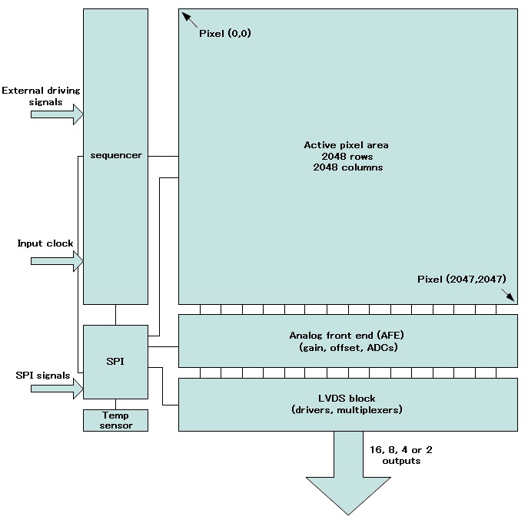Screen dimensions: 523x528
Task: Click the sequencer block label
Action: pyautogui.click(x=115, y=156)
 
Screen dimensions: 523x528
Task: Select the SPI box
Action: pyautogui.click(x=115, y=361)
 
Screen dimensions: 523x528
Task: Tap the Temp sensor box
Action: pyautogui.click(x=115, y=420)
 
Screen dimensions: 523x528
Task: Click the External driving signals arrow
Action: pyautogui.click(x=56, y=114)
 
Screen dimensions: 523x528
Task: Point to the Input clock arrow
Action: pyautogui.click(x=56, y=261)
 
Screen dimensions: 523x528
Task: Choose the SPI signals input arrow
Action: pyautogui.click(x=56, y=389)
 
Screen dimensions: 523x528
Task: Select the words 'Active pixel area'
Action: pyautogui.click(x=346, y=144)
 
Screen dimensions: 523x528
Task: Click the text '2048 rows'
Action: pyautogui.click(x=347, y=156)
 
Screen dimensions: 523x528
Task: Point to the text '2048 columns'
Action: pyautogui.click(x=347, y=167)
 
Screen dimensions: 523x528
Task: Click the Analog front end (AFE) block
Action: pyautogui.click(x=347, y=341)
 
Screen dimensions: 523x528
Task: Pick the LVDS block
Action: pyautogui.click(x=347, y=404)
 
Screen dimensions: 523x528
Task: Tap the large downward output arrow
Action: pyautogui.click(x=347, y=476)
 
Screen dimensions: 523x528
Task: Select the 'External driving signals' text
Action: pyautogui.click(x=41, y=96)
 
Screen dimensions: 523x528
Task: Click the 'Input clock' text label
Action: pyautogui.click(x=45, y=243)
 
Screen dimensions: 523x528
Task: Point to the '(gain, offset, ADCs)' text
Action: pyautogui.click(x=347, y=348)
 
